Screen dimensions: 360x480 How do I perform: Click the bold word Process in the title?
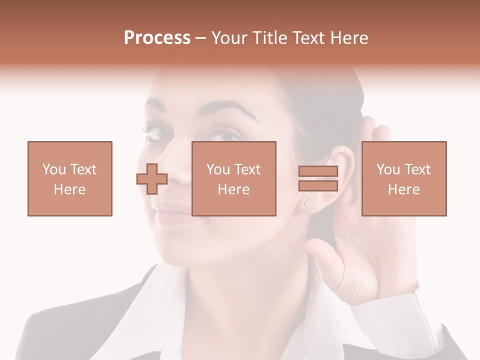(x=157, y=38)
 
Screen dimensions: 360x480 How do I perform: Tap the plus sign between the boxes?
(x=152, y=178)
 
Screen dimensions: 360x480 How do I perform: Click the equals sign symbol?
(x=318, y=178)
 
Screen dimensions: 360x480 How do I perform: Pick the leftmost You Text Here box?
(x=70, y=178)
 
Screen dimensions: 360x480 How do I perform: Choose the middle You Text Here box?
(x=234, y=178)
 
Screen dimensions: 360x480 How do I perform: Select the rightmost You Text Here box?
(x=404, y=178)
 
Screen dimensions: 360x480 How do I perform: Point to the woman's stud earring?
(x=308, y=203)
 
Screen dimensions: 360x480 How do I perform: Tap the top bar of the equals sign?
(x=318, y=171)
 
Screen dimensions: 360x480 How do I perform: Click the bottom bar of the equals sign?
(x=318, y=185)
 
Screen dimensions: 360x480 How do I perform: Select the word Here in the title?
(x=349, y=38)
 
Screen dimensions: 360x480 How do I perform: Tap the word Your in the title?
(x=228, y=38)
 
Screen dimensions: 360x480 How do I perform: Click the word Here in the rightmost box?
(x=404, y=189)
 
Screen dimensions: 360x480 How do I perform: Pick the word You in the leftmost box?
(x=53, y=169)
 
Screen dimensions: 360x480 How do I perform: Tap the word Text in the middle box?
(x=247, y=169)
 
